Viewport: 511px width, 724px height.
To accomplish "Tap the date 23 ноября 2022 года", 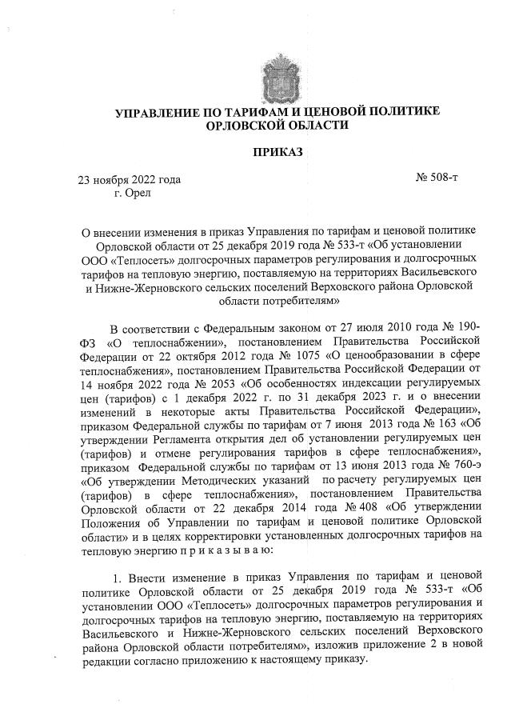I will coord(129,179).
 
